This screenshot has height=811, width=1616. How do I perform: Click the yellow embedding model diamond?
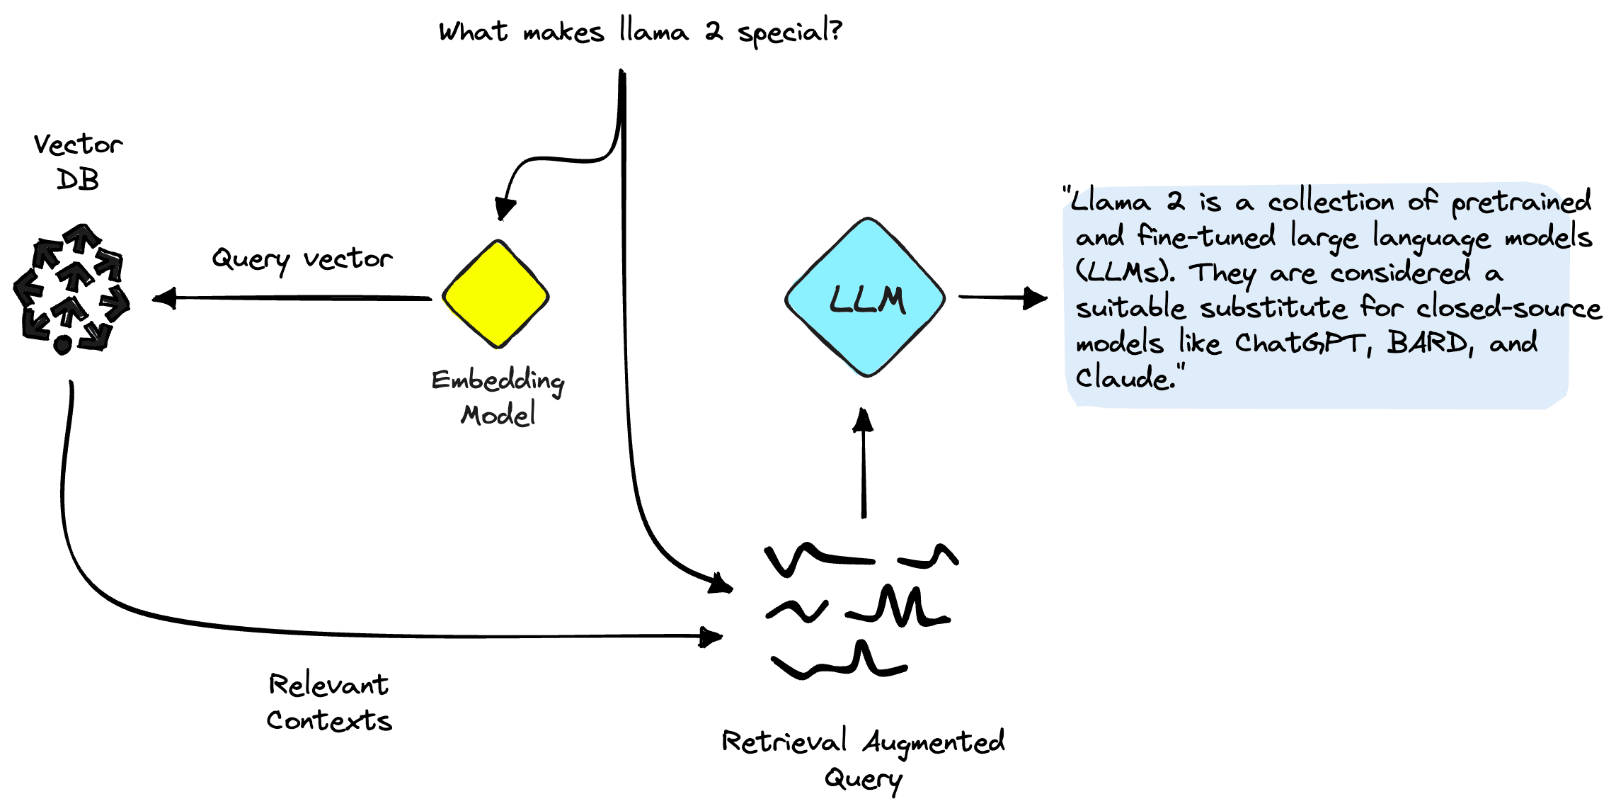click(x=495, y=294)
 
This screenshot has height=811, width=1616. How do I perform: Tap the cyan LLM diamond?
click(x=865, y=297)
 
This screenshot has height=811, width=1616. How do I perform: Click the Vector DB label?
click(x=78, y=161)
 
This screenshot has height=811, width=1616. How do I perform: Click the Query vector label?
click(x=302, y=259)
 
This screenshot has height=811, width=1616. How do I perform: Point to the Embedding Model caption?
click(x=498, y=397)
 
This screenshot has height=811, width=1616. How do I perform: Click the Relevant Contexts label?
click(x=328, y=702)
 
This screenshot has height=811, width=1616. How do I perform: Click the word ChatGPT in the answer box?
click(x=1300, y=344)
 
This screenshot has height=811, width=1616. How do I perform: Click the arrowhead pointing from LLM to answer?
click(x=1036, y=298)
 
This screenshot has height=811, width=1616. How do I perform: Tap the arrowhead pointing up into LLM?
click(x=863, y=420)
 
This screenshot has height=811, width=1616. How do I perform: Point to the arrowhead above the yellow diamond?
click(x=505, y=209)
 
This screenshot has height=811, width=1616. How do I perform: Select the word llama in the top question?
click(x=653, y=32)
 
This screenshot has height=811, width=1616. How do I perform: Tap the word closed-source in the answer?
click(x=1508, y=308)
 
